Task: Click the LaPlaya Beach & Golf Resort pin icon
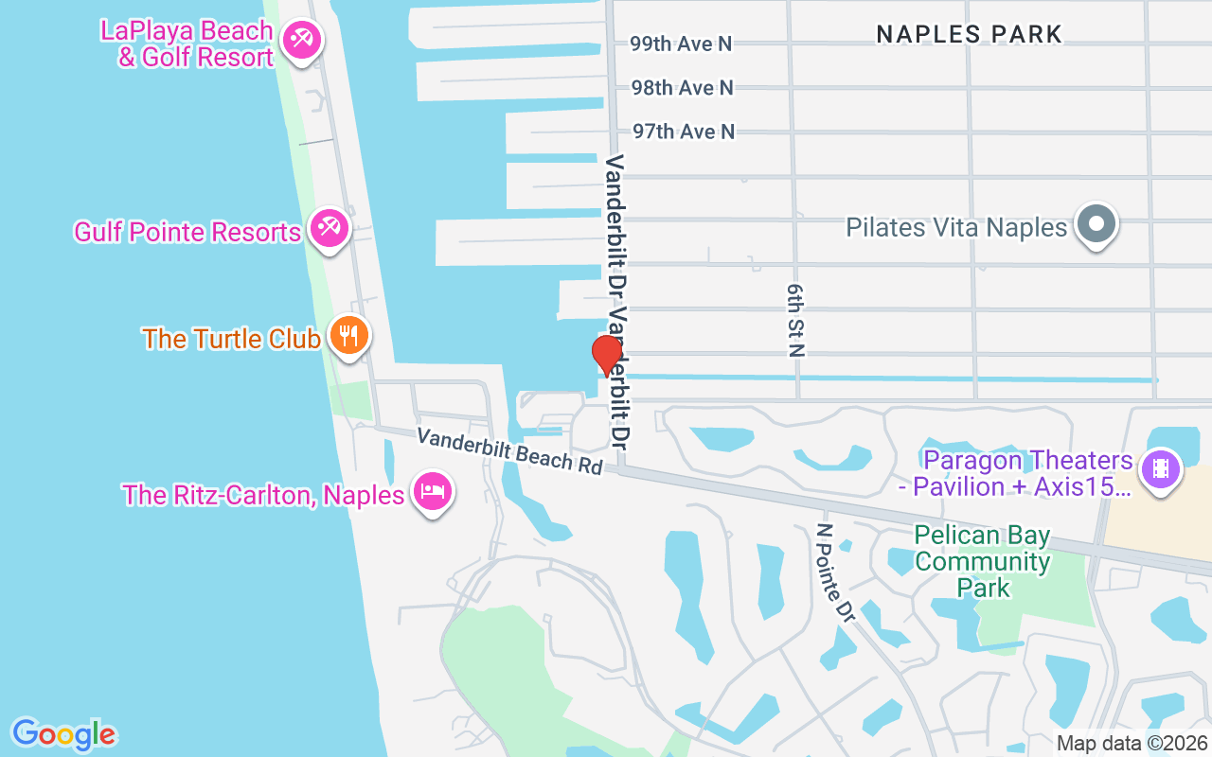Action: point(302,41)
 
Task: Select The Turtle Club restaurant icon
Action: point(348,336)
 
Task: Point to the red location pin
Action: point(606,356)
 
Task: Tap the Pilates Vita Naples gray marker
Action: point(1097,225)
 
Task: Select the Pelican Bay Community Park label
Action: point(983,562)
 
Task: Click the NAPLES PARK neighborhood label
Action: point(969,35)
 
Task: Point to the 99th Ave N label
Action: point(682,44)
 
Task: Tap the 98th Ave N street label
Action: point(682,88)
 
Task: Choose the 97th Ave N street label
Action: point(684,132)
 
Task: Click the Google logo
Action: point(63,734)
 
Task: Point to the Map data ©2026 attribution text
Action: point(1132,743)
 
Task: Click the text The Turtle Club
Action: point(231,339)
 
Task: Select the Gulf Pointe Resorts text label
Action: point(187,232)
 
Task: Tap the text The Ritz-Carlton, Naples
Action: point(263,494)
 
